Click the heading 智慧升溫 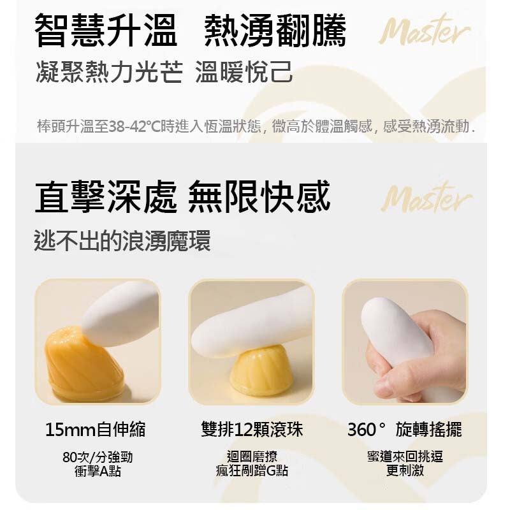pos(105,31)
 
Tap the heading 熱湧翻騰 pos(275,31)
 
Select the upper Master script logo pos(425,29)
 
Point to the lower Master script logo pos(426,197)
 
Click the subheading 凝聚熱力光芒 pos(109,72)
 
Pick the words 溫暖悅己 pos(244,72)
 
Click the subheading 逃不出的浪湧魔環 pos(122,241)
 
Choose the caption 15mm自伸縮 pos(95,429)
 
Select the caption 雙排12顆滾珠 pos(252,429)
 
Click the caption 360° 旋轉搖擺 pos(405,429)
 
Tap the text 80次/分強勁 pos(98,456)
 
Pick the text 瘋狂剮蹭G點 pos(252,470)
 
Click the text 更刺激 pos(405,470)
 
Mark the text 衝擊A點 pos(98,470)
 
